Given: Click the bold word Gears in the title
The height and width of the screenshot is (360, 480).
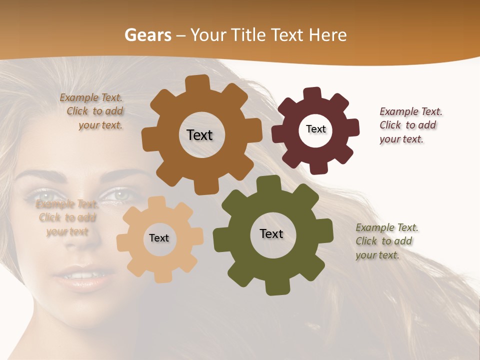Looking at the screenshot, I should (x=147, y=35).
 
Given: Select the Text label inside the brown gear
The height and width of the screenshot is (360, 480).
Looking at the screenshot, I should (x=199, y=135).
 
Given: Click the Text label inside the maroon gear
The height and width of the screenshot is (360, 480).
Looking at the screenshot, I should (x=315, y=129).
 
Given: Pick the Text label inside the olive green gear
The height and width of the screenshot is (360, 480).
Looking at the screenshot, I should (x=271, y=233).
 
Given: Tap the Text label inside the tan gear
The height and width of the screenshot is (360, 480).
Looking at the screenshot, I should (x=159, y=238).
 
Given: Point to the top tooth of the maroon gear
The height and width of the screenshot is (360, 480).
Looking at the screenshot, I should (x=312, y=93).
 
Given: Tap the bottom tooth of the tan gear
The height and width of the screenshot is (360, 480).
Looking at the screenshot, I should (x=161, y=277).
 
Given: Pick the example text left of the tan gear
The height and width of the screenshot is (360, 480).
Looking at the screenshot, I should (x=67, y=217).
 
